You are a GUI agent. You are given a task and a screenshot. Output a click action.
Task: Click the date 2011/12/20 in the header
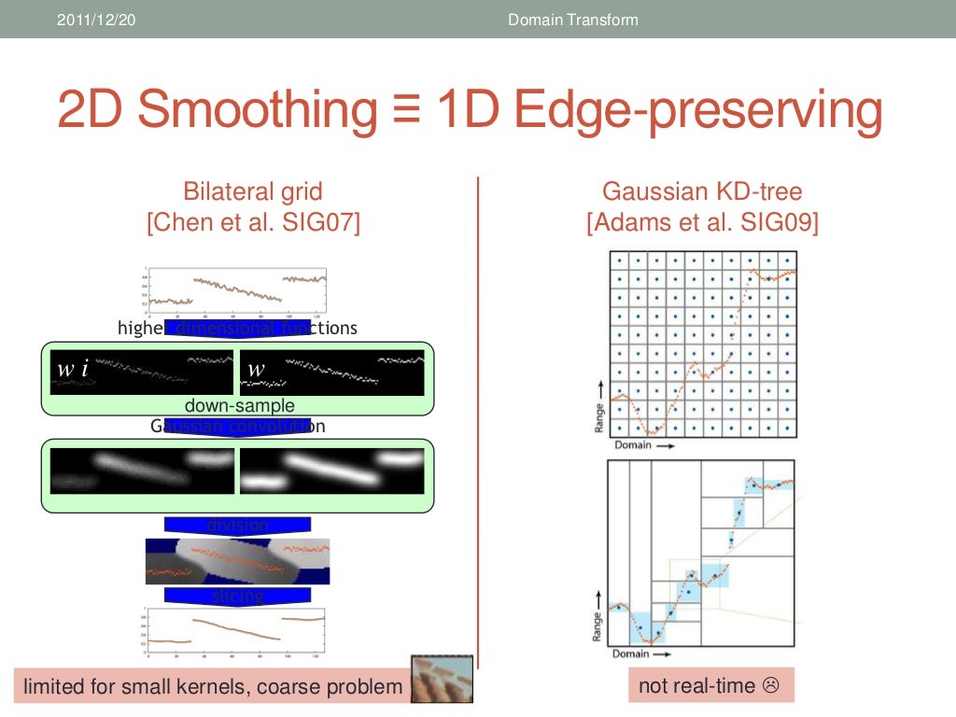pos(96,20)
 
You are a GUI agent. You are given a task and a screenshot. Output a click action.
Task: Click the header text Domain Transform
pos(572,20)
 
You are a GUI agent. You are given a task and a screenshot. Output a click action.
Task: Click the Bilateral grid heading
pos(253,192)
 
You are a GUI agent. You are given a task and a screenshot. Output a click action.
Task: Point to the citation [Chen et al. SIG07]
pos(253,224)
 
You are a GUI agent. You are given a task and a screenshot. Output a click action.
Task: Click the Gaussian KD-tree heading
pos(702,192)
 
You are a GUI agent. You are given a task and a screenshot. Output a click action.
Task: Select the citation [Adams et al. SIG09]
pos(702,224)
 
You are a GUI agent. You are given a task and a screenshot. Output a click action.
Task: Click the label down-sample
pos(239,406)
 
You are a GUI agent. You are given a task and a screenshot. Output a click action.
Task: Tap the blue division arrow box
pos(238,526)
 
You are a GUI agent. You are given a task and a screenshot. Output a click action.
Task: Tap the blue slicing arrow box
pos(238,596)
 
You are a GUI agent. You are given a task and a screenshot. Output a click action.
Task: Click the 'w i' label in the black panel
pos(73,370)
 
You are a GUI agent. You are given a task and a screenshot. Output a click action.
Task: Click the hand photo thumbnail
pos(443,679)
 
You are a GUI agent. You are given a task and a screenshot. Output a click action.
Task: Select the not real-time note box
pos(710,686)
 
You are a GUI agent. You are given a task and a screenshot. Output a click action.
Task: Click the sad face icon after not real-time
pos(771,686)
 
